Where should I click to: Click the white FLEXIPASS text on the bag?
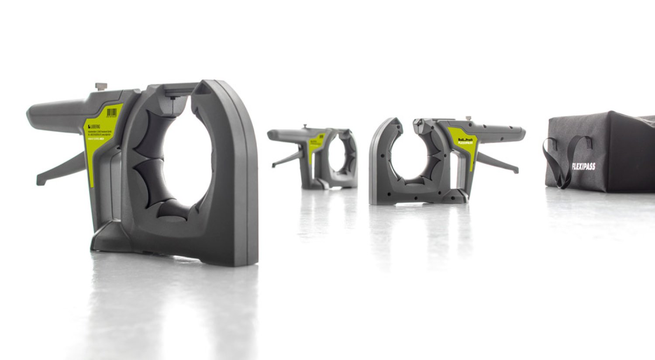pos(583,166)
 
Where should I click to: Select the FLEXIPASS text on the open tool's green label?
pos(464,142)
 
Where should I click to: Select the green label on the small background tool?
pos(316,145)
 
